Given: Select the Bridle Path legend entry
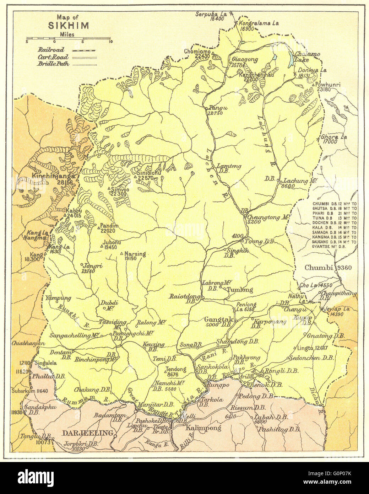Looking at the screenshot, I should point(53,64).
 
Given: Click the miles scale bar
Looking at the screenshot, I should point(68,38).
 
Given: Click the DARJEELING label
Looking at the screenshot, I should point(88,433).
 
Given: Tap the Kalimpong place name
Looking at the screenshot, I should point(204,428).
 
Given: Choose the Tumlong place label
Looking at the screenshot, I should point(240,290).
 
